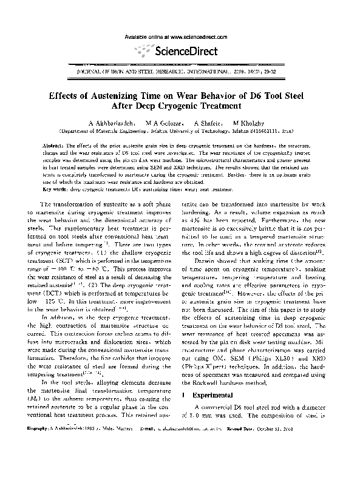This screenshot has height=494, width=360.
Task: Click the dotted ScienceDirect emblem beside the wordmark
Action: coord(144,49)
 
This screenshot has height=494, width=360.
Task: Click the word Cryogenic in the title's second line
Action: coord(192,107)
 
